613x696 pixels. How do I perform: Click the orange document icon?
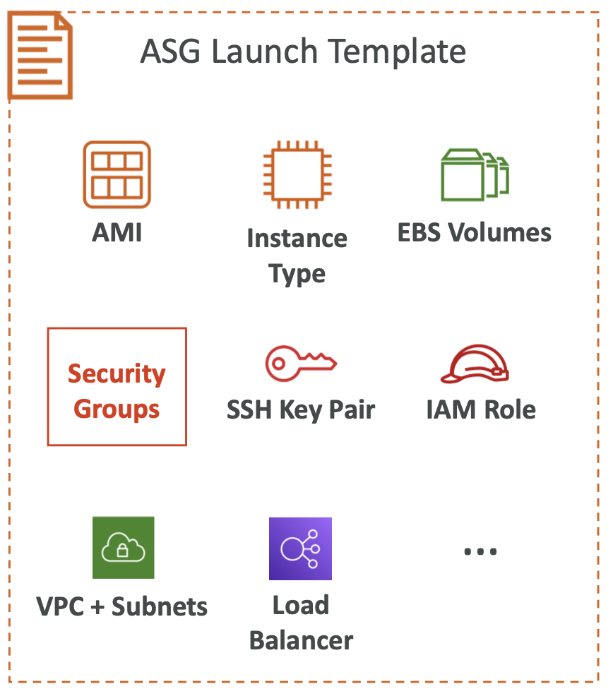pos(40,55)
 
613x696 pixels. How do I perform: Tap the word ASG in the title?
pos(170,52)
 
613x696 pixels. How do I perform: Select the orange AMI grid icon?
pos(117,174)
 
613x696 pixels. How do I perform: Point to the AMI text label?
pos(117,232)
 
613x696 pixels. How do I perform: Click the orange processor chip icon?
pos(297,174)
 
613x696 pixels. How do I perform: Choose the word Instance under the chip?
pos(297,239)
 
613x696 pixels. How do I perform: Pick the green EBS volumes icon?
pos(475,174)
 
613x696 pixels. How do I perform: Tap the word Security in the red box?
pos(117,373)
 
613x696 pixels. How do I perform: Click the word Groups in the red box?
pos(117,409)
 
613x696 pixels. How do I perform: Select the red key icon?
pos(301,363)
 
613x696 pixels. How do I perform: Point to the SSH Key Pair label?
pos(301,409)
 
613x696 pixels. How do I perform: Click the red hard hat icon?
pos(475,364)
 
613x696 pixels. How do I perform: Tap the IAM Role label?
pos(481,409)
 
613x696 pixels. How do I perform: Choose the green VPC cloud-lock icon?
pos(124,548)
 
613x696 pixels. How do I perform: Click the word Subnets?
pos(160,606)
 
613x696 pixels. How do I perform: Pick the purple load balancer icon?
pos(300,548)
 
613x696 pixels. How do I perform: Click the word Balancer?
pos(301,640)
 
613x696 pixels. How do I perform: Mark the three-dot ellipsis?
pos(480,552)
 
